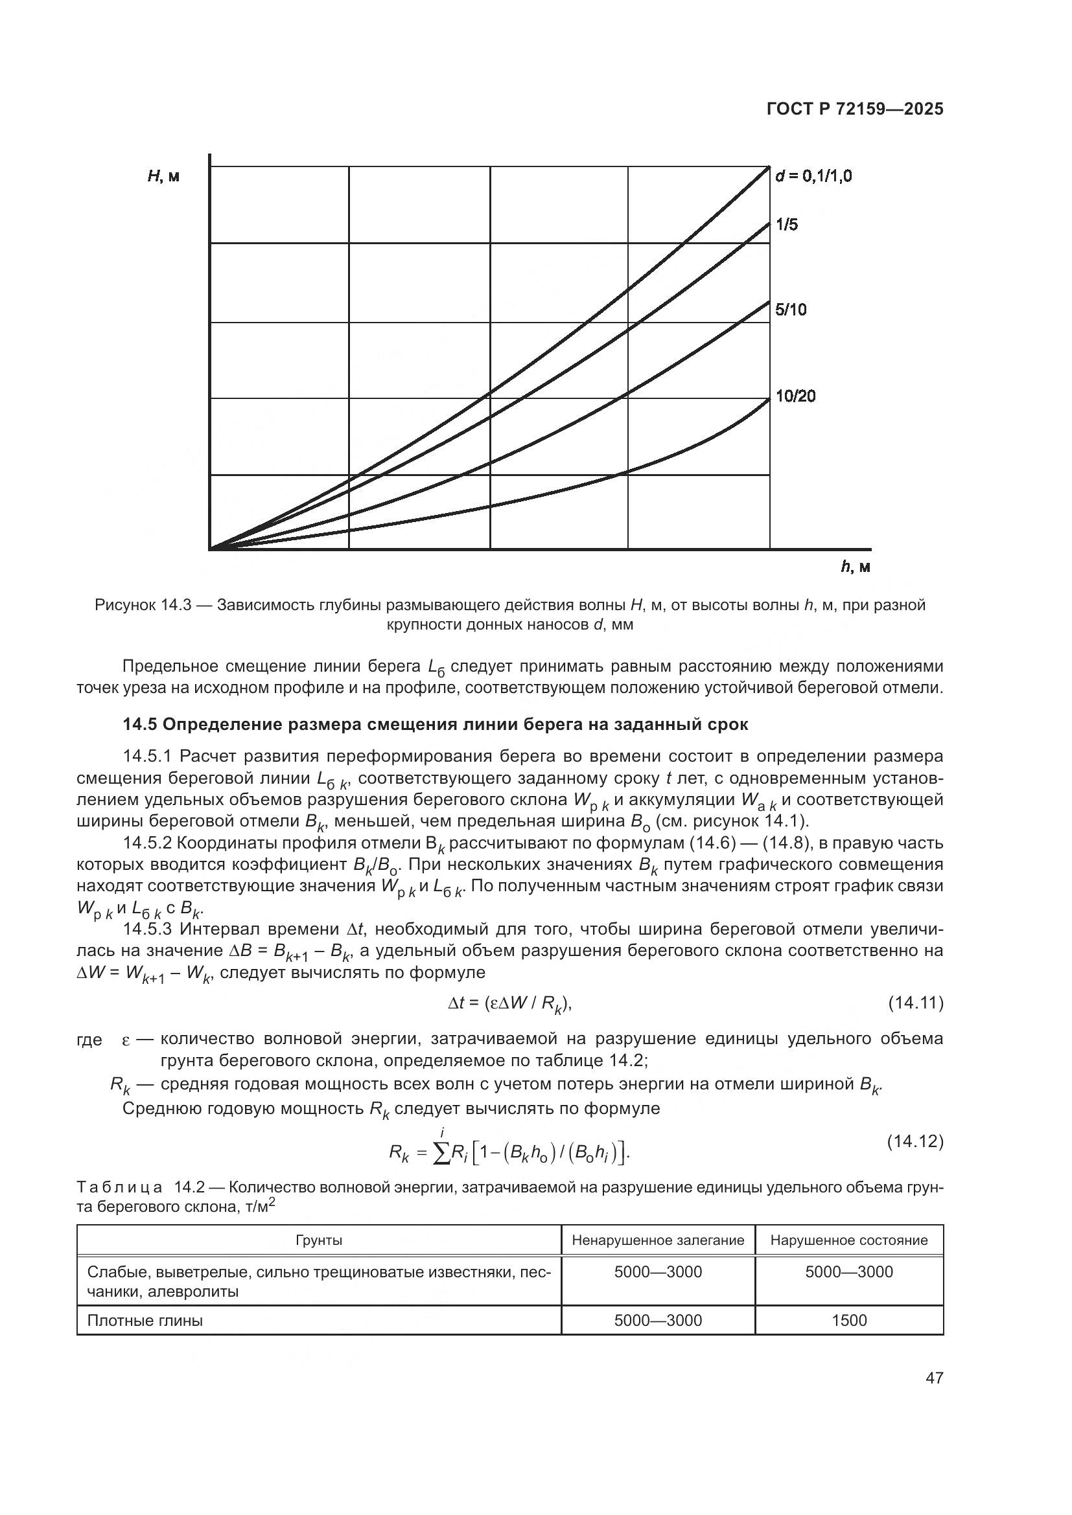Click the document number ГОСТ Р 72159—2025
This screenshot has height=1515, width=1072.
(855, 109)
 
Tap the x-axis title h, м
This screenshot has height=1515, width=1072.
(856, 567)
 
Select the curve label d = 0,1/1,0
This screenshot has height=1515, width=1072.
(813, 176)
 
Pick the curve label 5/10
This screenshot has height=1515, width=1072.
(791, 310)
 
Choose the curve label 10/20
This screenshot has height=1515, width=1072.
(795, 396)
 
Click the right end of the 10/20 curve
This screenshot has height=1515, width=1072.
(769, 399)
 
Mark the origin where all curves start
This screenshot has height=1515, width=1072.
(210, 549)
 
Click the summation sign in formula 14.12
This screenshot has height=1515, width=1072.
(439, 1153)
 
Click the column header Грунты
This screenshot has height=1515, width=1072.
(319, 1240)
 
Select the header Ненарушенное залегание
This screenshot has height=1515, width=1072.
(657, 1240)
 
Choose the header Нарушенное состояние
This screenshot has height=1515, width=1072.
(849, 1240)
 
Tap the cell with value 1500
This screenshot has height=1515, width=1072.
(849, 1319)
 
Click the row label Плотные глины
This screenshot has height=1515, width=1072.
(145, 1319)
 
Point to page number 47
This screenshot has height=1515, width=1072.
(934, 1378)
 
